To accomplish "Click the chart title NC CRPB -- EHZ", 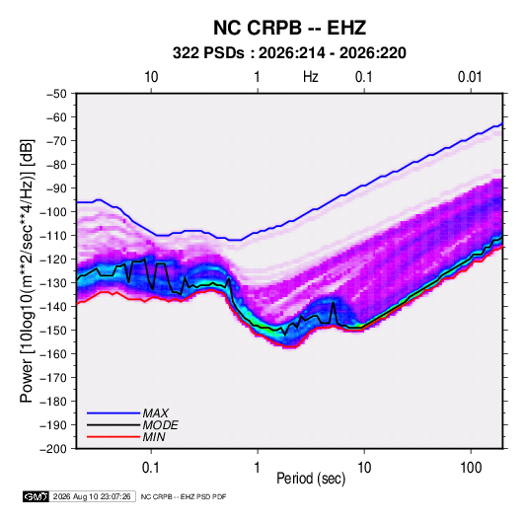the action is [x=289, y=28].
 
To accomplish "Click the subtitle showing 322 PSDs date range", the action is [x=289, y=53].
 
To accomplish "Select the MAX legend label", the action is [x=155, y=412].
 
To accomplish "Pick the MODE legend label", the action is [x=160, y=425].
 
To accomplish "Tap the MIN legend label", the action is [x=154, y=437].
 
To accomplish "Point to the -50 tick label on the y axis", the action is [x=56, y=94].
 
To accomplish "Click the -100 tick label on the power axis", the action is [x=54, y=212].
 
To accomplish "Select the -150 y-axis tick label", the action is [x=54, y=331].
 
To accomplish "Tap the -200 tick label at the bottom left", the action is [x=54, y=449].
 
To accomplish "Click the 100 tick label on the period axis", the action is [x=471, y=468].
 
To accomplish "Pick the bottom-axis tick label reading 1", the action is [x=258, y=468].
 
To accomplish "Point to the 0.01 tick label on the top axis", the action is [x=470, y=77].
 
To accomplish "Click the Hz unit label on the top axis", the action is [x=311, y=77].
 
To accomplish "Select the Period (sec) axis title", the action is [x=311, y=479].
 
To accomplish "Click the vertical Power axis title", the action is [x=27, y=270].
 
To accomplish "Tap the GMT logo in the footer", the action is [x=37, y=496].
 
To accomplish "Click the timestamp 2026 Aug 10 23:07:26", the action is [x=92, y=496].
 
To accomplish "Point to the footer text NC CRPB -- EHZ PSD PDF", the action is [x=184, y=497].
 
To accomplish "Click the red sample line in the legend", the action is [x=113, y=437].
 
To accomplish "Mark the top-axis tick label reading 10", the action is [x=151, y=77].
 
